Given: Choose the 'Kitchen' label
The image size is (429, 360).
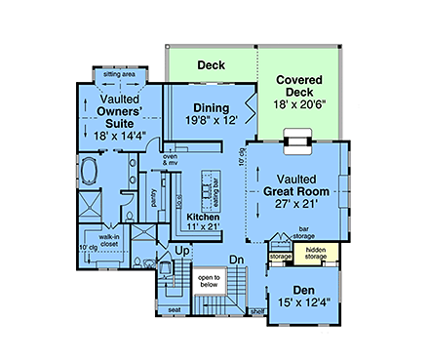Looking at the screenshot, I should [x=203, y=217].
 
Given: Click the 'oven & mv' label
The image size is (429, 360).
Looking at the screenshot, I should [x=170, y=158].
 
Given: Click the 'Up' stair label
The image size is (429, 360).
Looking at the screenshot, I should [x=180, y=252].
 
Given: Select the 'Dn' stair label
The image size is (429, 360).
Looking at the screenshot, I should [x=235, y=259].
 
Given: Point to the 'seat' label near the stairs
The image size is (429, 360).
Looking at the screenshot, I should [x=175, y=311].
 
